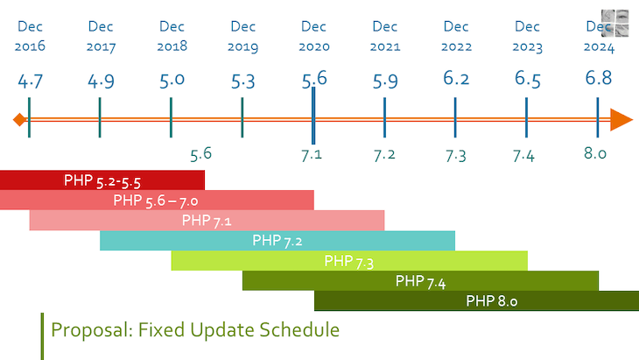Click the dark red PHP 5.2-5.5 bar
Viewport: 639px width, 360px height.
[x=102, y=180]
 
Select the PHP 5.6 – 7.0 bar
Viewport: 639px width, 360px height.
[x=157, y=200]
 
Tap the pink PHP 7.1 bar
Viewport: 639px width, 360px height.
[x=207, y=220]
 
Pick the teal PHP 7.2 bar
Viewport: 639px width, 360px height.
[x=277, y=240]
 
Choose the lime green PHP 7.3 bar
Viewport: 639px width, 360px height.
[x=349, y=260]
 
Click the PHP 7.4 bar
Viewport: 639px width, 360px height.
[x=420, y=280]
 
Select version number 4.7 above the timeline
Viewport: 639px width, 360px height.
[x=31, y=81]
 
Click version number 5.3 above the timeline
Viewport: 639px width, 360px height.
[x=243, y=81]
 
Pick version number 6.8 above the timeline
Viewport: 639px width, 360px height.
[x=598, y=78]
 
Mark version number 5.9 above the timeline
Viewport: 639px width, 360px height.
[x=385, y=81]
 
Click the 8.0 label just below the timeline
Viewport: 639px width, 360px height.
[x=595, y=154]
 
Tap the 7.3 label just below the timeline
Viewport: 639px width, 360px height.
[x=455, y=155]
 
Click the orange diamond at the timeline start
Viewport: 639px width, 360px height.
[x=18, y=119]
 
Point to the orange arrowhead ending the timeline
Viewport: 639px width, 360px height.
[x=621, y=120]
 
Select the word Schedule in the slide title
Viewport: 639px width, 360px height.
[x=299, y=330]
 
